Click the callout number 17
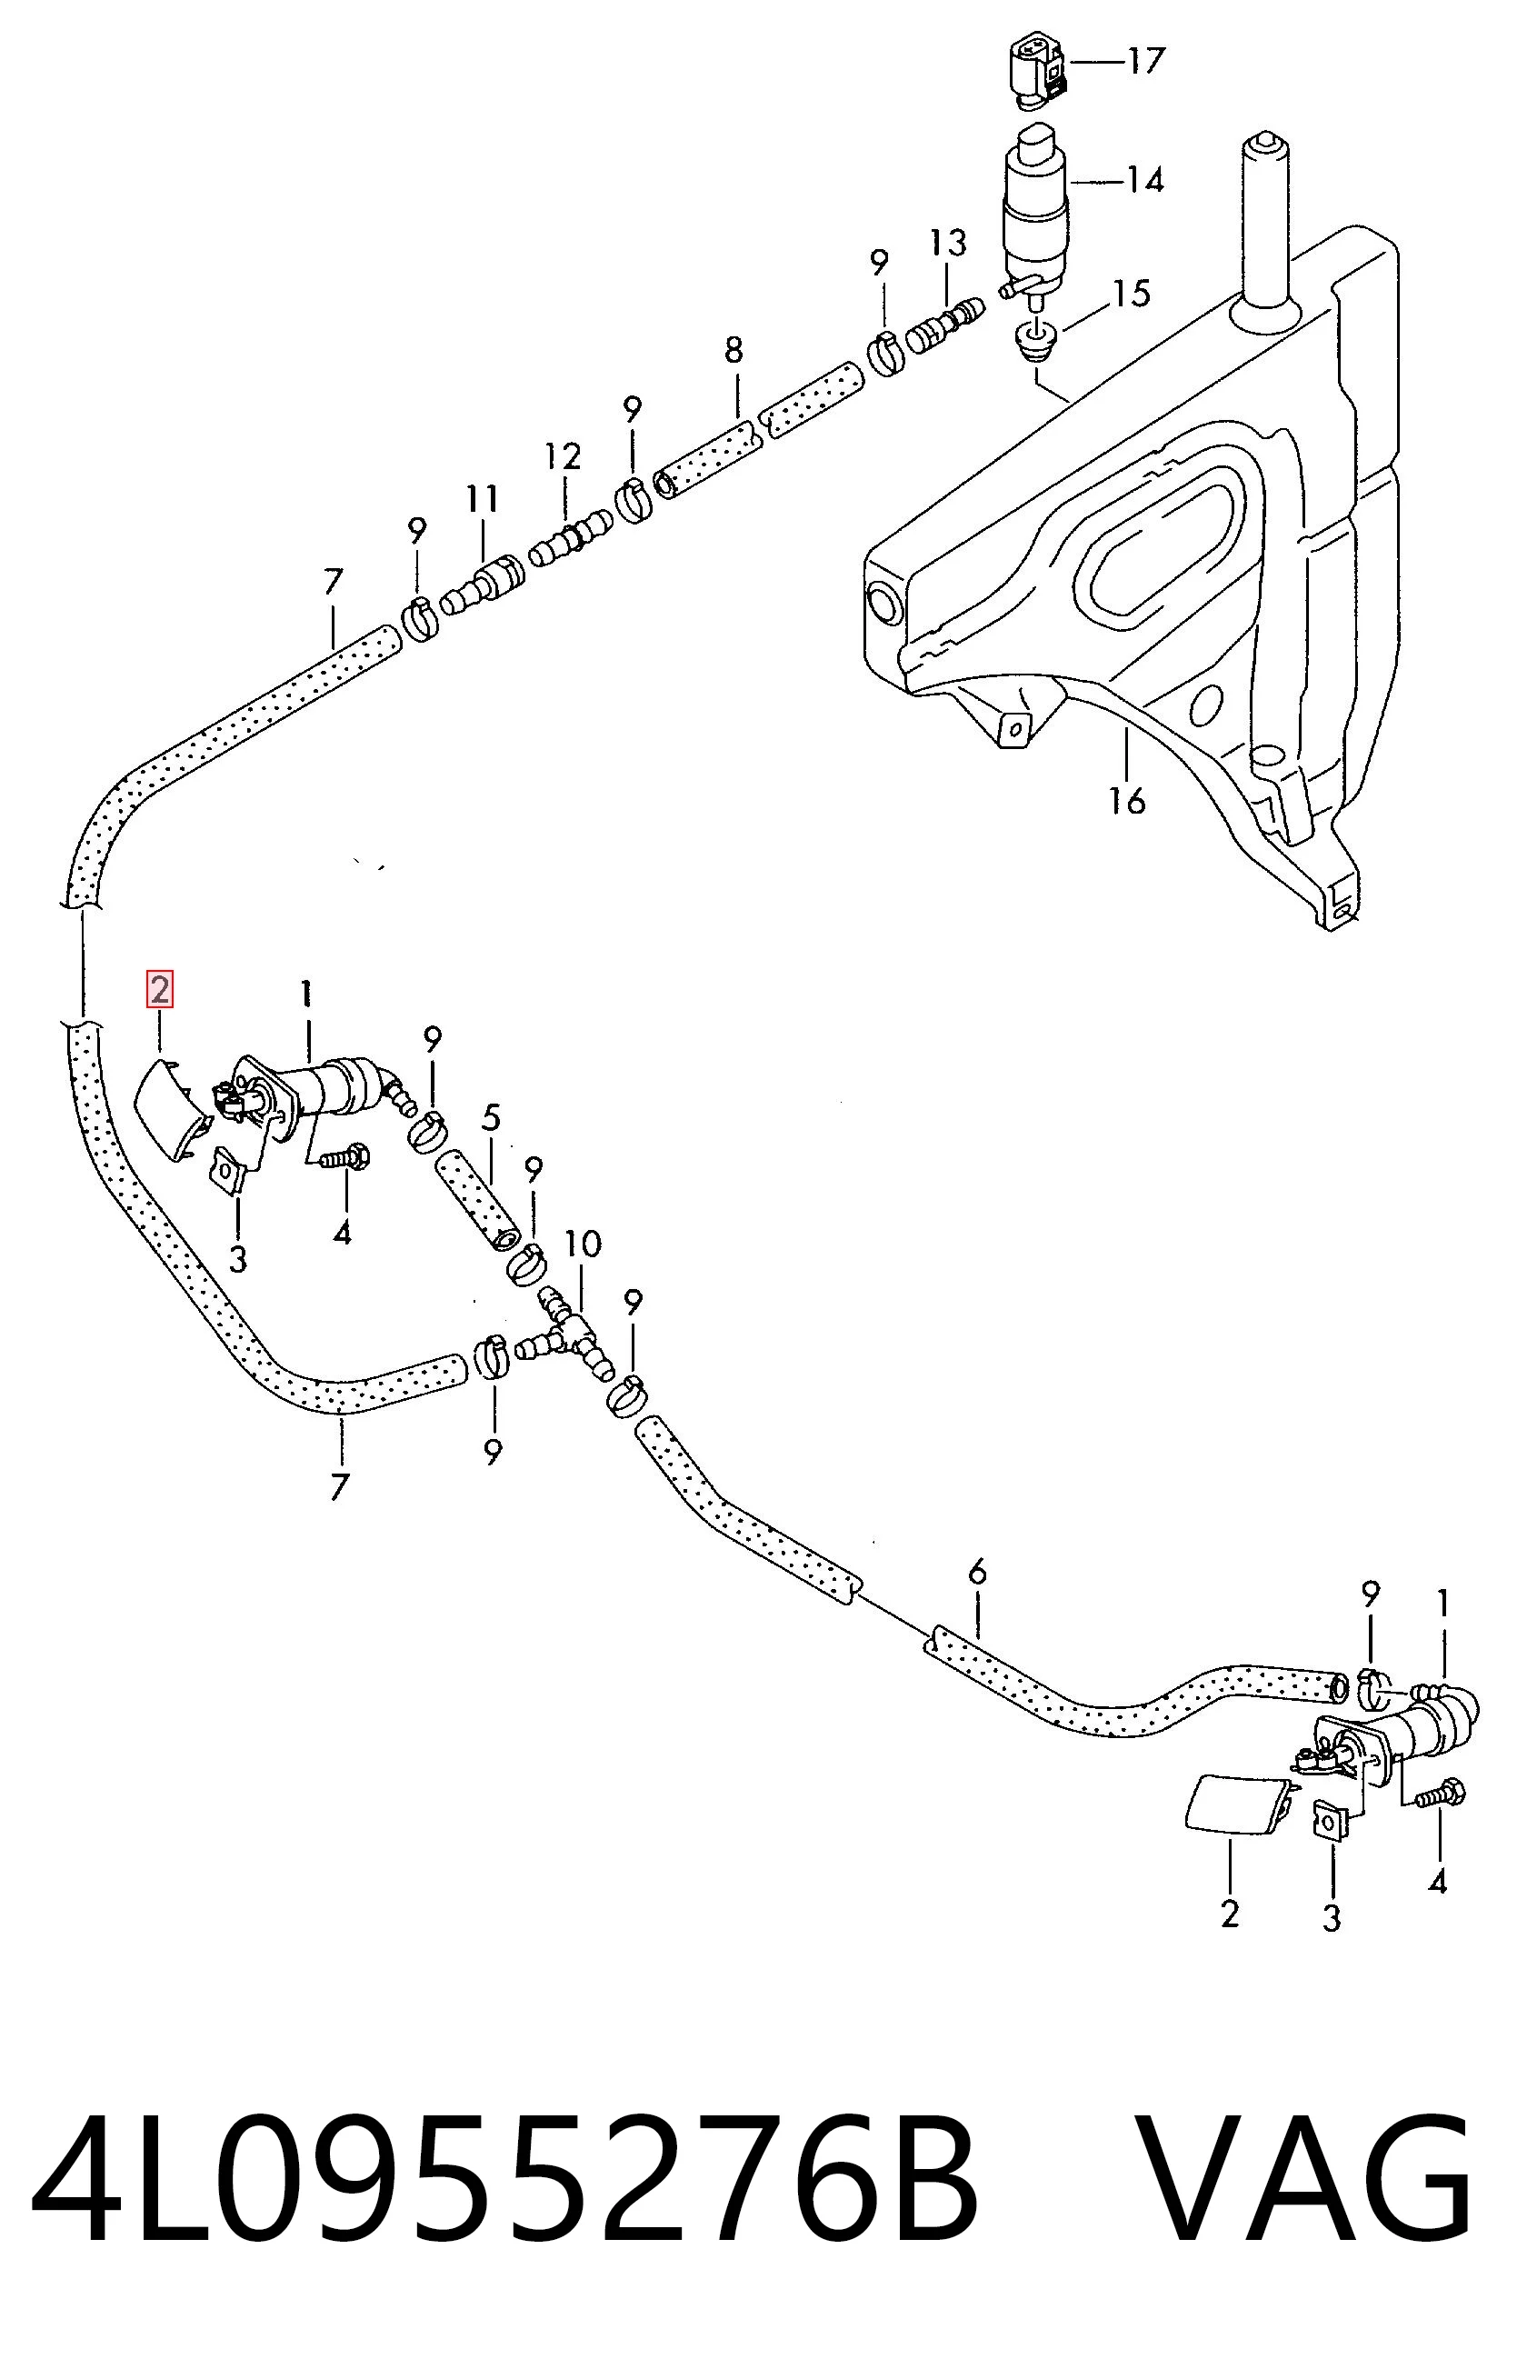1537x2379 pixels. [1147, 62]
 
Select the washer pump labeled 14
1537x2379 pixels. [1034, 214]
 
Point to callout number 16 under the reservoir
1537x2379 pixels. [1128, 801]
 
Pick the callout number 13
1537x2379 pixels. [948, 243]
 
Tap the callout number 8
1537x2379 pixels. [734, 350]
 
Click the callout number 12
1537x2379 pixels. [563, 457]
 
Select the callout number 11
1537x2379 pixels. [482, 498]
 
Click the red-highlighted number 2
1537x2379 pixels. [160, 990]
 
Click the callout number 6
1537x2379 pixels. [977, 1573]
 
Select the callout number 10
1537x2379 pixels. [583, 1244]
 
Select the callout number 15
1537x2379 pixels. [1132, 294]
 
